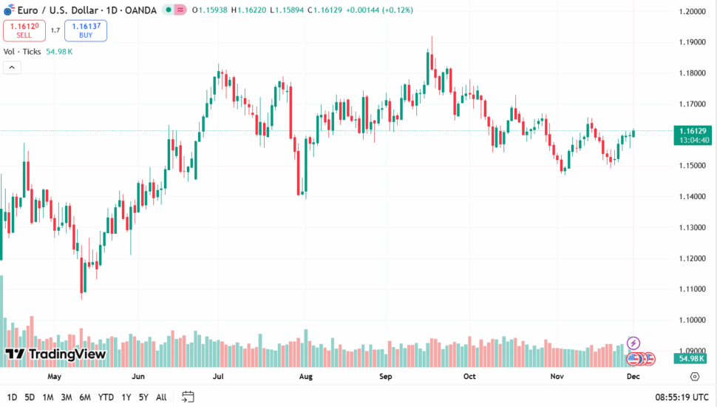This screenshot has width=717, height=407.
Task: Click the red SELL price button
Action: [24, 30]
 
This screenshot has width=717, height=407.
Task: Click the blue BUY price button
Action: [86, 30]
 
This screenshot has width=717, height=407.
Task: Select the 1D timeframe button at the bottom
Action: [13, 397]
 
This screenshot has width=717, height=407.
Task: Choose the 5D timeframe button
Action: [30, 397]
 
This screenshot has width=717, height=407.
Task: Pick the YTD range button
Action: [106, 397]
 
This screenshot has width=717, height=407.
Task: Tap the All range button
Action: [161, 397]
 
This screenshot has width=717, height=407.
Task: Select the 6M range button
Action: [85, 397]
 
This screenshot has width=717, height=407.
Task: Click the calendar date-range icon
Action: [188, 397]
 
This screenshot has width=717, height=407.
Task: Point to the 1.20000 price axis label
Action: [693, 12]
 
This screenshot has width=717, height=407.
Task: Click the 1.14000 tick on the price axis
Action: [693, 197]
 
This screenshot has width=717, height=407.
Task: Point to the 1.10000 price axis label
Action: [693, 320]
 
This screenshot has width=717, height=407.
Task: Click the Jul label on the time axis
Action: [218, 376]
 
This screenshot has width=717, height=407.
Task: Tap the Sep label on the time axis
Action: [385, 376]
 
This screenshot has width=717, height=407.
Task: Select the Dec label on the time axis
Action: [633, 376]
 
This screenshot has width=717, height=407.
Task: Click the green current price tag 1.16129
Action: [693, 131]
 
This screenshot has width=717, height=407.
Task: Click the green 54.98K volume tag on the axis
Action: [693, 358]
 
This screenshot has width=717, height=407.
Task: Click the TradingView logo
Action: [55, 354]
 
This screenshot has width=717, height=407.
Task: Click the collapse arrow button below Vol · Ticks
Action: [12, 67]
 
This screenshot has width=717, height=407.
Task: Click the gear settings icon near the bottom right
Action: [694, 377]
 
